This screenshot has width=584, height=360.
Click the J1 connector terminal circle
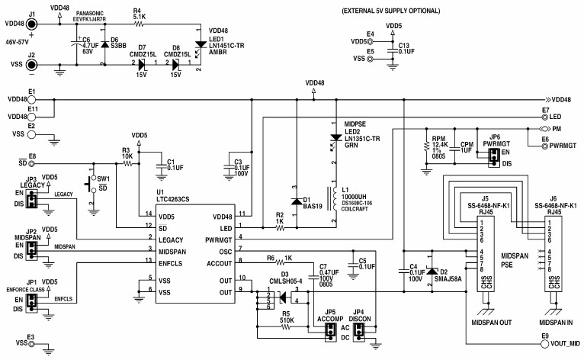(x=32, y=25)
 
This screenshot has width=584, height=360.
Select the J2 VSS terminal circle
(x=32, y=65)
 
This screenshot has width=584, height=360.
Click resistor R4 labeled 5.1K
(x=140, y=25)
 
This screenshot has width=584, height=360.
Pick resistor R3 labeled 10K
(x=128, y=163)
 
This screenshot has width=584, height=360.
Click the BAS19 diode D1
(x=296, y=201)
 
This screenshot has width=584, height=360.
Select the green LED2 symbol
(x=333, y=139)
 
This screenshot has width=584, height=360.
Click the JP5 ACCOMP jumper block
(x=330, y=331)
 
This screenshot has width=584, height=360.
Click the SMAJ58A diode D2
(x=432, y=272)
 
